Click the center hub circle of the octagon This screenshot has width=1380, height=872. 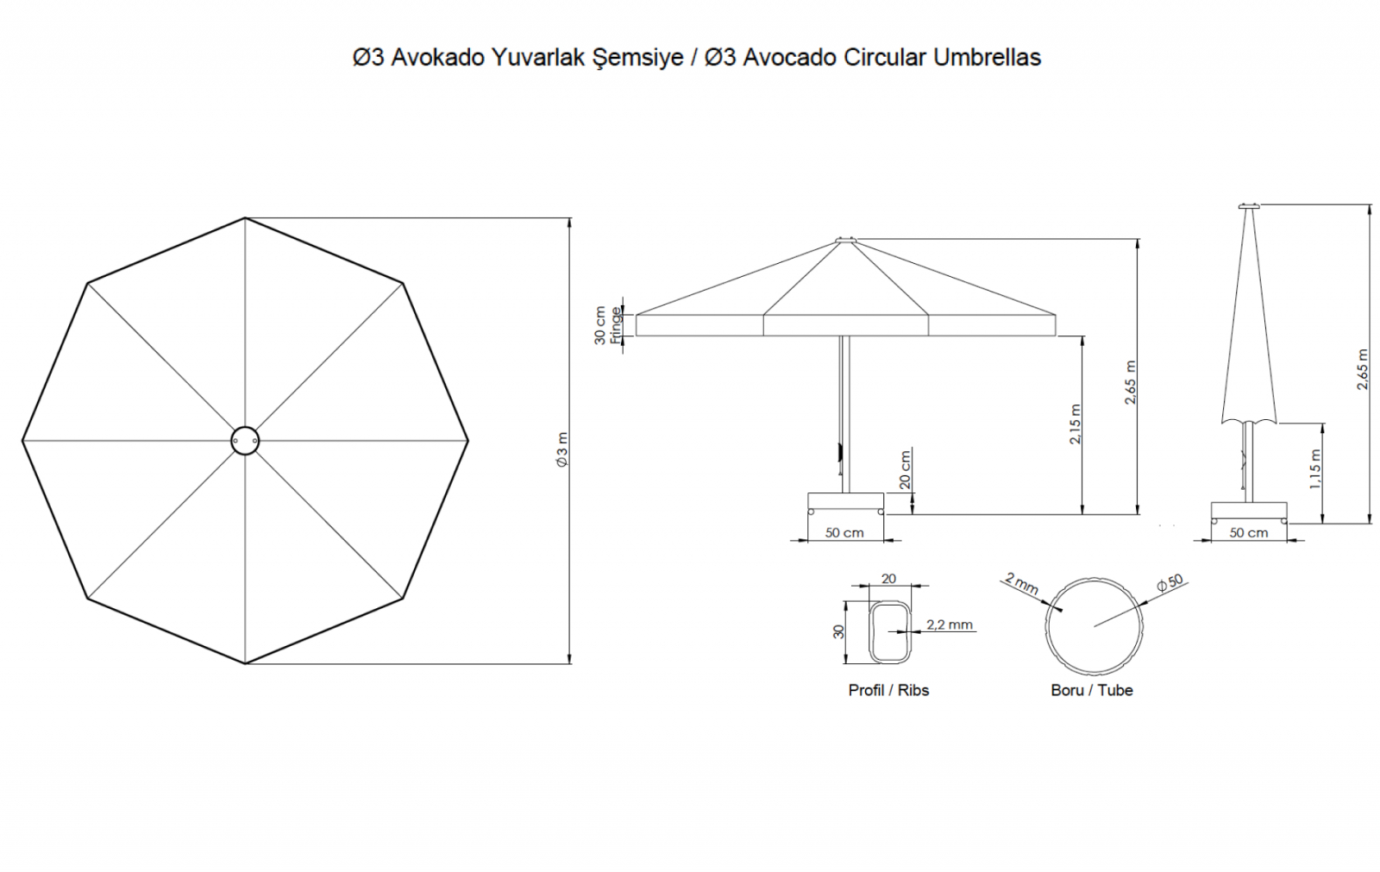coord(245,441)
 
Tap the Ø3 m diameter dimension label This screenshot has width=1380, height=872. coord(561,449)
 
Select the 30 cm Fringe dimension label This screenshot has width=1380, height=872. coord(607,325)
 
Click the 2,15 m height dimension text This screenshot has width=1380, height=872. coord(1075,424)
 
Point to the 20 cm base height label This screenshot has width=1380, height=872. coord(905,469)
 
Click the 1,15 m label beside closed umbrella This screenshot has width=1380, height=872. coord(1314,469)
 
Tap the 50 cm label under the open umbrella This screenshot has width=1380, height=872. coord(844,532)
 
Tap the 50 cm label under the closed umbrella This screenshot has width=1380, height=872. coord(1249,532)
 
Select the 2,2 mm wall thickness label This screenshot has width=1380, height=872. coord(950,624)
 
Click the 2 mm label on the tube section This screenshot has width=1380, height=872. coord(1022,583)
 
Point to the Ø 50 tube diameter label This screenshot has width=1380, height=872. coord(1170,582)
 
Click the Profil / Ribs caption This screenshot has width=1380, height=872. coord(888,690)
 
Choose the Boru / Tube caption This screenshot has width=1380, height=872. coord(1092,690)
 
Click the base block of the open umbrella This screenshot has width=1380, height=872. coord(845,503)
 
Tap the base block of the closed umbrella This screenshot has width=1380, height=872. coord(1249,512)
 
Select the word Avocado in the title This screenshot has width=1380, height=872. coord(790,57)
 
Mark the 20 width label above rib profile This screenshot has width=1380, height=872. coord(888,579)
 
